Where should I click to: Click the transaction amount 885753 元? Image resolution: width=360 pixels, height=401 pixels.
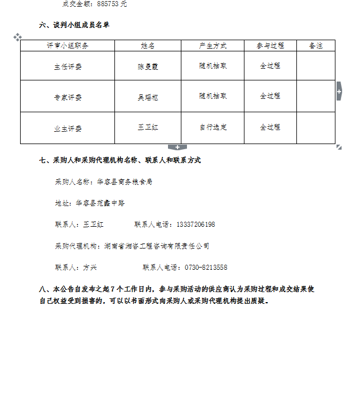tap(112, 4)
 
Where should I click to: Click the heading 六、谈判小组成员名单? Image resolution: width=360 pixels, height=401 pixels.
tap(74, 25)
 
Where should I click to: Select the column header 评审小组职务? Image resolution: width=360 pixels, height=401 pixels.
tap(68, 46)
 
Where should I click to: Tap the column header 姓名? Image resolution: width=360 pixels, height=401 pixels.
tap(148, 46)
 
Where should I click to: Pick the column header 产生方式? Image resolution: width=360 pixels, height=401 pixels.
tap(213, 46)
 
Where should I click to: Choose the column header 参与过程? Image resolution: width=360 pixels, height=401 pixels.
tap(270, 46)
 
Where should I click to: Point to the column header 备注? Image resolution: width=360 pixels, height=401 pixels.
tap(315, 46)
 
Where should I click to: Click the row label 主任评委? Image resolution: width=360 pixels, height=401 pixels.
tap(68, 66)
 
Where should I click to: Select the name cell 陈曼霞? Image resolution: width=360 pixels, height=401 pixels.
tap(148, 66)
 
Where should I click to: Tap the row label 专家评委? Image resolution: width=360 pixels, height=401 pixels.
tap(68, 97)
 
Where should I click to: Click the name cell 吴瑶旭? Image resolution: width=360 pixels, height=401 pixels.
tap(148, 97)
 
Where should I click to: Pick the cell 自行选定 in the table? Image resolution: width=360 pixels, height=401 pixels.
tap(213, 127)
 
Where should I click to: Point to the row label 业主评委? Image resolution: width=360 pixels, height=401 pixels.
tap(68, 129)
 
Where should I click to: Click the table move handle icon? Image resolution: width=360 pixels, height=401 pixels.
tap(17, 37)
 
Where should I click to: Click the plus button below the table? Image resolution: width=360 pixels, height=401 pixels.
tap(177, 147)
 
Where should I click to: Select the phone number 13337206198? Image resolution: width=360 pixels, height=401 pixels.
tap(195, 225)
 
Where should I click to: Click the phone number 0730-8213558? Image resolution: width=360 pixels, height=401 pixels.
tap(206, 268)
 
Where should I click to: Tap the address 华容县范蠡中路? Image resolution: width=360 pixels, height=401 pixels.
tap(100, 203)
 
